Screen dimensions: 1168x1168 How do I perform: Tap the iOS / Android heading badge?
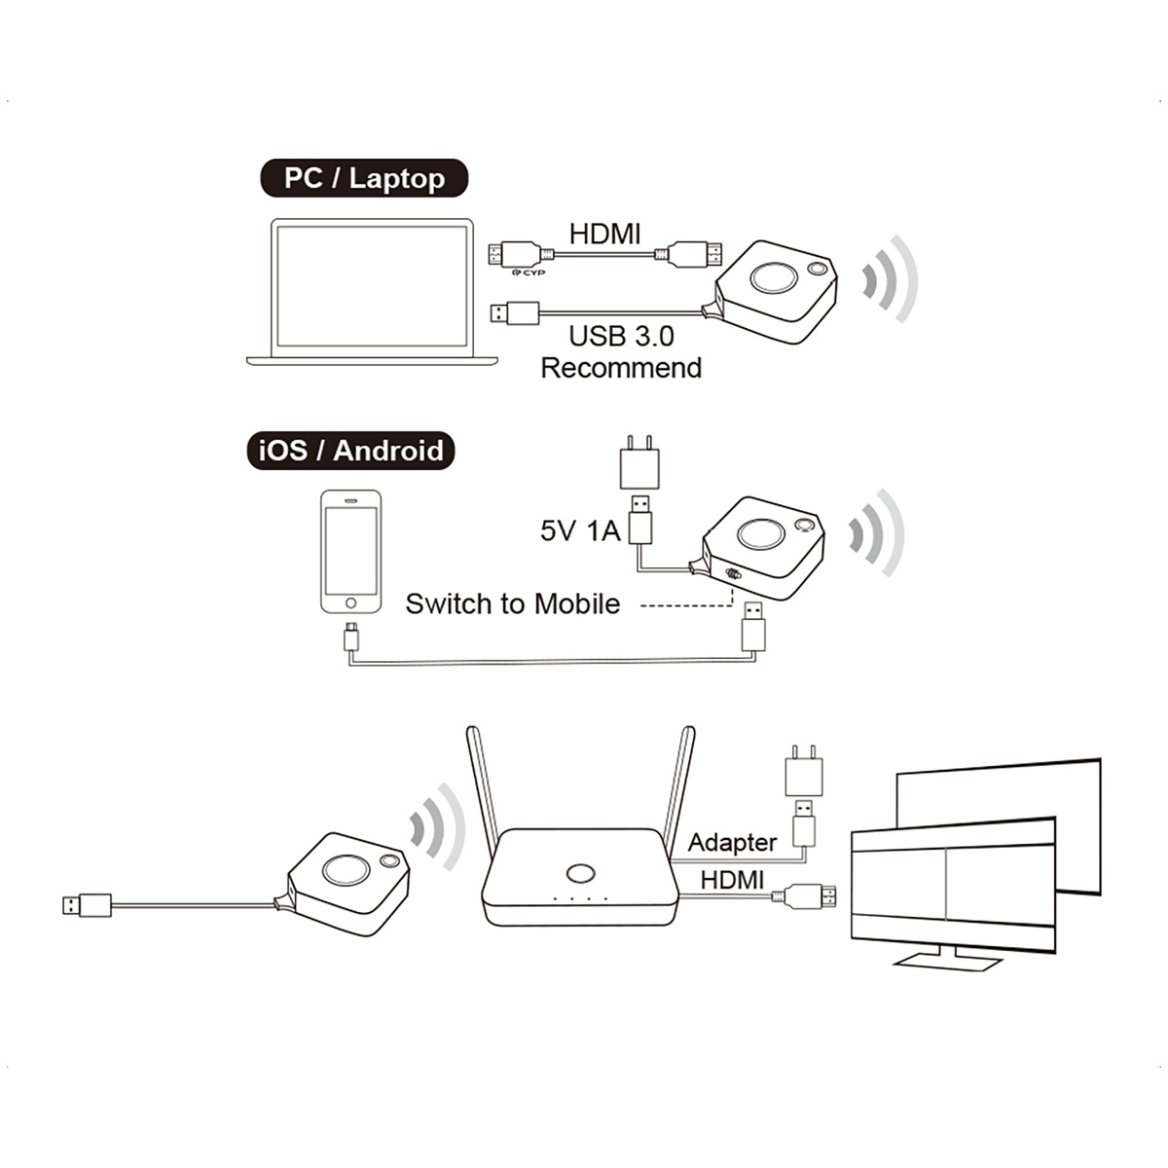pyautogui.click(x=350, y=451)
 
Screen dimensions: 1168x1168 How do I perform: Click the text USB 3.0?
pyautogui.click(x=621, y=337)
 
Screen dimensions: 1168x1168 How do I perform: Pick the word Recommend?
pyautogui.click(x=621, y=368)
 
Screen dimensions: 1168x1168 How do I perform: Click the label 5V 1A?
pyautogui.click(x=580, y=530)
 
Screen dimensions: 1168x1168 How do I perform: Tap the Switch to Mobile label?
pyautogui.click(x=512, y=603)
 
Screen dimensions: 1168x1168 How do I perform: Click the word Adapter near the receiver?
pyautogui.click(x=732, y=842)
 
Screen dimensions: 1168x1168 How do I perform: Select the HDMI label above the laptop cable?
pyautogui.click(x=604, y=234)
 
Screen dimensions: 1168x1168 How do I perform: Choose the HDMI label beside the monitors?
pyautogui.click(x=732, y=880)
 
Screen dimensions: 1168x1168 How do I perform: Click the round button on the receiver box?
pyautogui.click(x=580, y=872)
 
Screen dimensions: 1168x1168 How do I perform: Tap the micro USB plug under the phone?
pyautogui.click(x=351, y=638)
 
